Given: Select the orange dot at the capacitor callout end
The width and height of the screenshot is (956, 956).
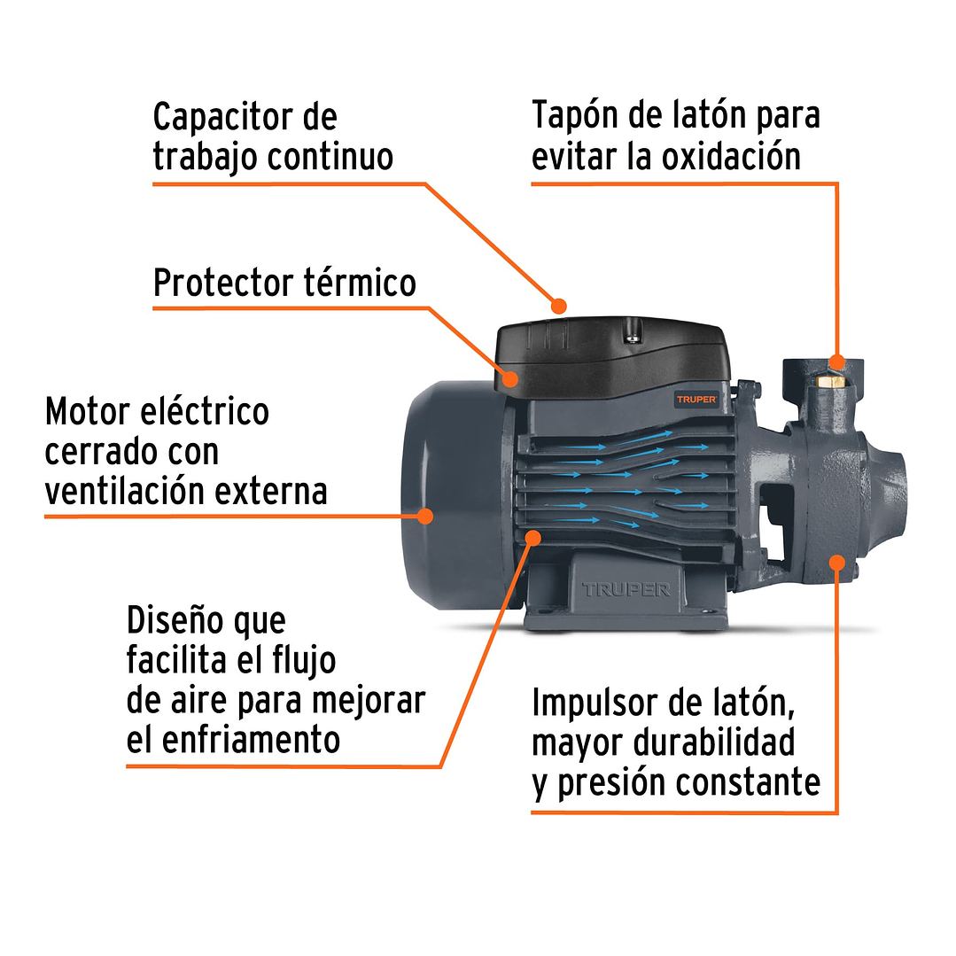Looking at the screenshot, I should pos(558,307).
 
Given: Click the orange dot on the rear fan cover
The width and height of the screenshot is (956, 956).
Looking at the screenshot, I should pos(426,515).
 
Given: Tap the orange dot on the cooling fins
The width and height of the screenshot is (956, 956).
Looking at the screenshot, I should pos(533,536).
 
